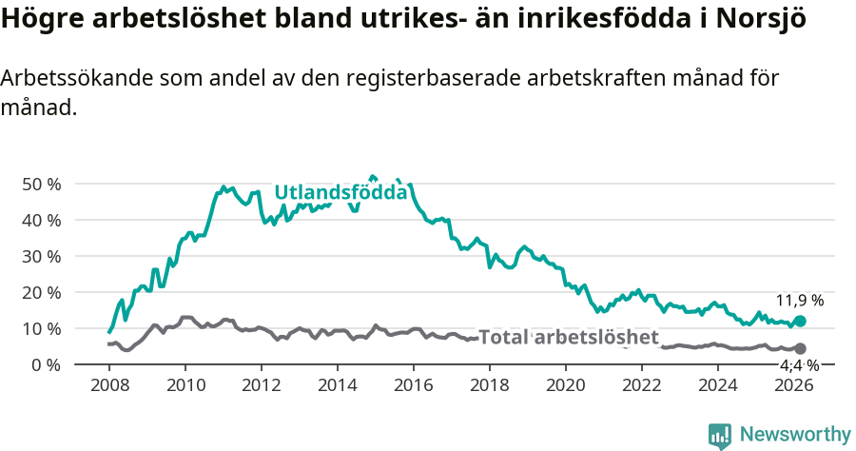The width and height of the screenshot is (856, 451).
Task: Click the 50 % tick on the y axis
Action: [41, 184]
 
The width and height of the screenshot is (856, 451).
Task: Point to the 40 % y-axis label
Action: [41, 220]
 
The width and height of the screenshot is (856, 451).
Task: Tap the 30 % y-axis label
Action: [41, 256]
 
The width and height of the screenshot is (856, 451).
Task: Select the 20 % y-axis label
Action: [41, 292]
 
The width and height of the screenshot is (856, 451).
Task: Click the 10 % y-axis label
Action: [41, 328]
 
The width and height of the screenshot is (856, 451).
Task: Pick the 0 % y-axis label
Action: [46, 364]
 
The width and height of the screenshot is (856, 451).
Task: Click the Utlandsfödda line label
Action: [340, 192]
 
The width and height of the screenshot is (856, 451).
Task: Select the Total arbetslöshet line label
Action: [568, 338]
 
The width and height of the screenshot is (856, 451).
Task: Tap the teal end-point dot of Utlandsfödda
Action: [800, 322]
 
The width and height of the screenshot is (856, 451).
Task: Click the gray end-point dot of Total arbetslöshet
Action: [800, 349]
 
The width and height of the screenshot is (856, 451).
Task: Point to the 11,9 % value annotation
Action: [800, 301]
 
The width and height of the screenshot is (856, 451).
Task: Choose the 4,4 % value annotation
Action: [799, 365]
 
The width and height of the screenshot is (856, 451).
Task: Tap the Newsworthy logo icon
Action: [720, 436]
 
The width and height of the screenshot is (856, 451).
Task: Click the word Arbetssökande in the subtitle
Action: [68, 79]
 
